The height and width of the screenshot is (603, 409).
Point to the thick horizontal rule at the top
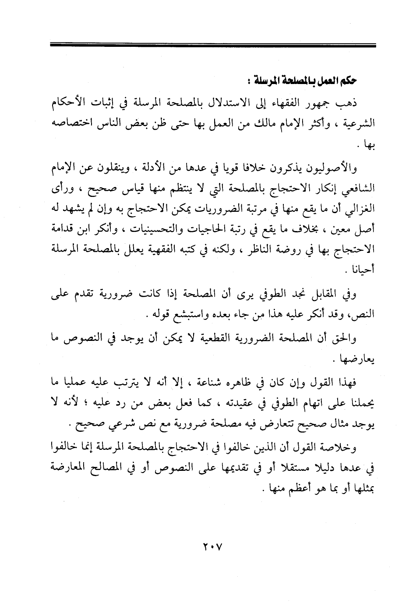[x=213, y=45]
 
